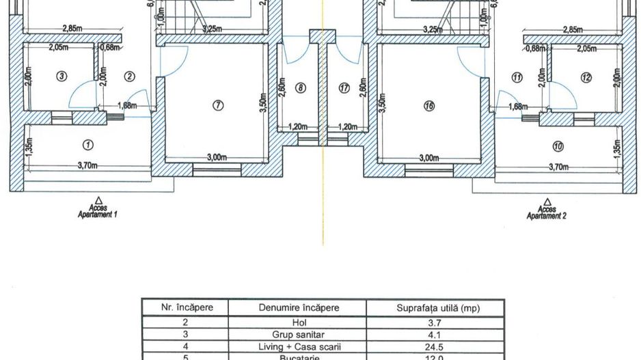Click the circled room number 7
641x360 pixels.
(217, 105)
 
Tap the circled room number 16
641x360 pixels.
(428, 106)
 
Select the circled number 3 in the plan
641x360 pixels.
(62, 77)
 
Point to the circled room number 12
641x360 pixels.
(586, 77)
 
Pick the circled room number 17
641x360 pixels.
(344, 87)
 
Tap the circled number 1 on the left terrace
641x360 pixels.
(87, 144)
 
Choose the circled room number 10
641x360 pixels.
(558, 146)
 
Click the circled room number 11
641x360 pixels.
(517, 77)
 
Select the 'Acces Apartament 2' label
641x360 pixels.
(546, 212)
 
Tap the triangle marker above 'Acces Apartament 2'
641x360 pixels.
(546, 201)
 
